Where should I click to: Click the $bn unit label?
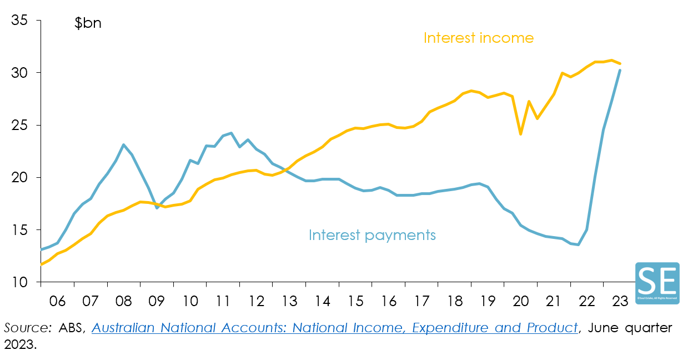coord(88,24)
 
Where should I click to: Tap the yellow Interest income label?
coord(478,38)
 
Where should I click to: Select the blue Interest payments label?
coord(372,235)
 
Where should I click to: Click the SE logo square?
coord(657,283)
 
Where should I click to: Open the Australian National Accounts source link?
coord(334,328)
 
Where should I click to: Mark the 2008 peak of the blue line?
coord(124,144)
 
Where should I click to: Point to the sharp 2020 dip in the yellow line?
coord(521,134)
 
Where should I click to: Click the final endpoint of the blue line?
coord(620,70)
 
